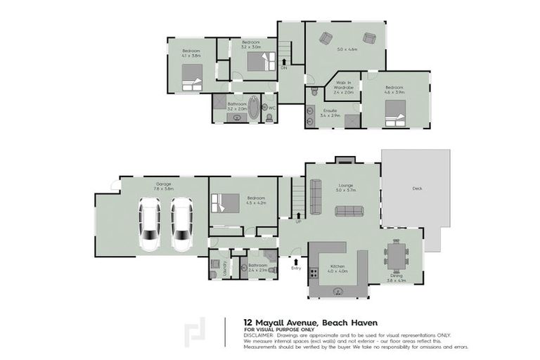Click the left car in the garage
(150, 224)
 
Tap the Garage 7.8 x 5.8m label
(163, 186)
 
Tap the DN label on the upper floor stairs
(284, 68)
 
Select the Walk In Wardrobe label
(343, 89)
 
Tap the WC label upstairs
(271, 108)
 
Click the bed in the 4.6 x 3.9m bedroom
(395, 110)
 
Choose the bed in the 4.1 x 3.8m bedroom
(192, 77)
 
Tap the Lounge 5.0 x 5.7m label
(346, 188)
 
